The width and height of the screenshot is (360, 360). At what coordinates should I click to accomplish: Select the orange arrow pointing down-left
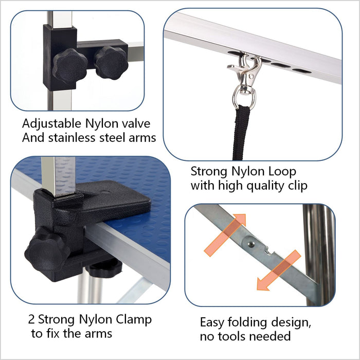(278, 271)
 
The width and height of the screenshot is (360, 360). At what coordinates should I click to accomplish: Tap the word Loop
(281, 171)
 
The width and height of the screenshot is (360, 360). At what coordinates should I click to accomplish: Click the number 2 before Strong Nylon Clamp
(32, 319)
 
